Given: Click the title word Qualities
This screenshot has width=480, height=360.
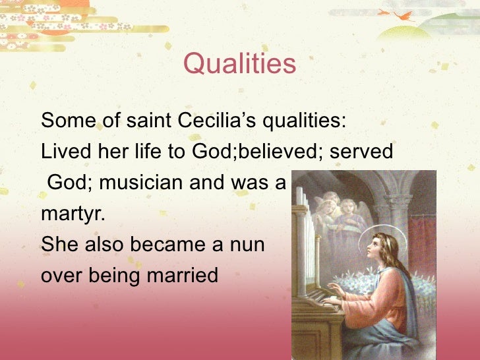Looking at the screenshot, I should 240,65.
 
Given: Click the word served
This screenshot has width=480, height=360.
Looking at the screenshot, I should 361,152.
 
